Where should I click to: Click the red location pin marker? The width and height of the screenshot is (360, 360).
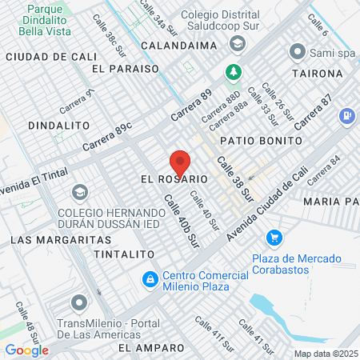click(180, 162)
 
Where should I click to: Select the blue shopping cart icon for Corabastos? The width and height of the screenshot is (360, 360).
click(274, 237)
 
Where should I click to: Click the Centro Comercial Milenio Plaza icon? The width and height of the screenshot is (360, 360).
click(149, 279)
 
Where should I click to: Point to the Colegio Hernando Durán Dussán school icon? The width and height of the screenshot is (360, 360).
click(79, 192)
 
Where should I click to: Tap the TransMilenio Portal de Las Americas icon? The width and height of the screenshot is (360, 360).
click(78, 303)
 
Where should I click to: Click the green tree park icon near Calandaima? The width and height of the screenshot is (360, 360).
click(234, 71)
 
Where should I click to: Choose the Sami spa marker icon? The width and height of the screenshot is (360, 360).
click(298, 52)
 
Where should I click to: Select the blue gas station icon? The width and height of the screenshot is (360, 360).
click(346, 116)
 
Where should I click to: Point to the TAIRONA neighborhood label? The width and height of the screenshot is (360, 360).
click(317, 73)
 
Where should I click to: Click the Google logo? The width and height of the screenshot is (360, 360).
click(26, 350)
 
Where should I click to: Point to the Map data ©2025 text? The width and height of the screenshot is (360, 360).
click(326, 354)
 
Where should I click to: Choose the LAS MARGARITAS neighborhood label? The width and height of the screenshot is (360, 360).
click(50, 239)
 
